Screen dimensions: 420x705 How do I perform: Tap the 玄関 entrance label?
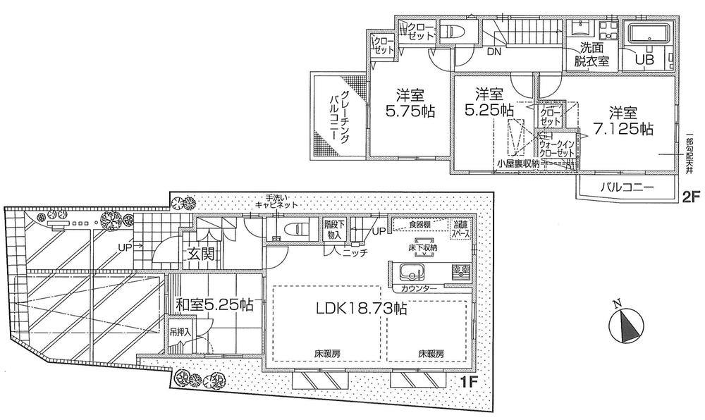pyautogui.click(x=201, y=252)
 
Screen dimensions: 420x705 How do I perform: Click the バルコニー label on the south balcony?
pyautogui.click(x=627, y=187)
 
